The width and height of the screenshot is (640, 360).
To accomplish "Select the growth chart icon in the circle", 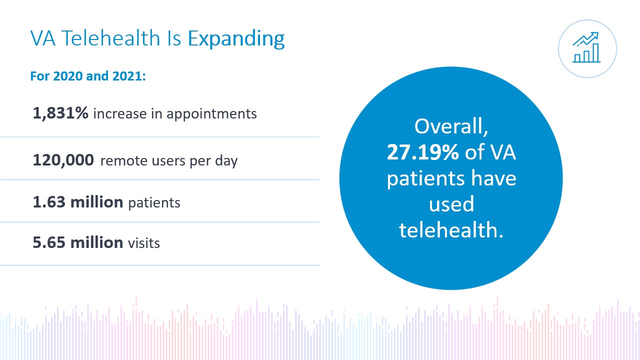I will tap(587, 48).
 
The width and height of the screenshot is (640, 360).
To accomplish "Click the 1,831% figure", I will tap(60, 113).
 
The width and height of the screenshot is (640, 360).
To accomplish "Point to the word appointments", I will tap(211, 114).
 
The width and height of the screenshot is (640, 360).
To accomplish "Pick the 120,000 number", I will tap(63, 160).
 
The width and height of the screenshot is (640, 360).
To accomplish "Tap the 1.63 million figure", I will tap(77, 202).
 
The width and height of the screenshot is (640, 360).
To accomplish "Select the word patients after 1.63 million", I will tap(154, 203).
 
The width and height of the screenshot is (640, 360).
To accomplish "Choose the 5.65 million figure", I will tap(77, 242).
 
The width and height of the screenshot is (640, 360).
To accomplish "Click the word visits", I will tap(144, 243).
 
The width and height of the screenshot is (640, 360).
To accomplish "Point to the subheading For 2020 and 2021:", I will tap(88, 77).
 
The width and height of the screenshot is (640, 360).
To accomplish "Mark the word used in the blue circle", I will tap(451, 204).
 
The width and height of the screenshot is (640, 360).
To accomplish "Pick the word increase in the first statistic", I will tap(115, 114).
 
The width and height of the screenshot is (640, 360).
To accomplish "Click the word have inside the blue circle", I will tap(492, 178).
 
